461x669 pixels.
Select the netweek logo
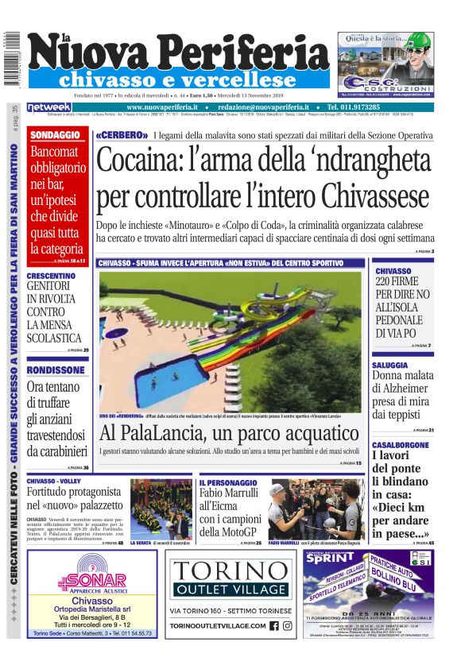pos(50,106)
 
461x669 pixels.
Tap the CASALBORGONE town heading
pos(404,444)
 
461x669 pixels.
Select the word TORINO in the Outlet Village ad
pos(230,570)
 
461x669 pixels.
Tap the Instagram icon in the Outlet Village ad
pos(287,625)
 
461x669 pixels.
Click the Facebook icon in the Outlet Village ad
pos(273,625)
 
